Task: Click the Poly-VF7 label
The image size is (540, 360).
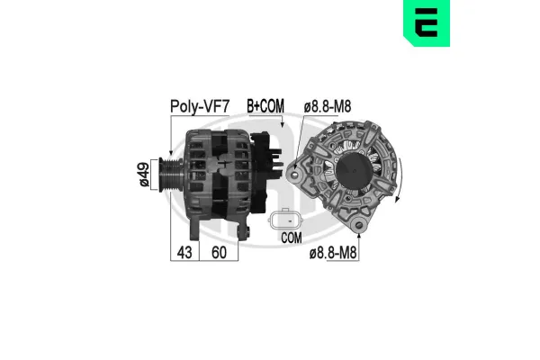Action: click(x=197, y=107)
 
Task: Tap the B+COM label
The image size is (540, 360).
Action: click(x=265, y=107)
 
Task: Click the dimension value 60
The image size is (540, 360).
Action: click(x=219, y=252)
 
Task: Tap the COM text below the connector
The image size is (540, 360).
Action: click(x=290, y=238)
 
